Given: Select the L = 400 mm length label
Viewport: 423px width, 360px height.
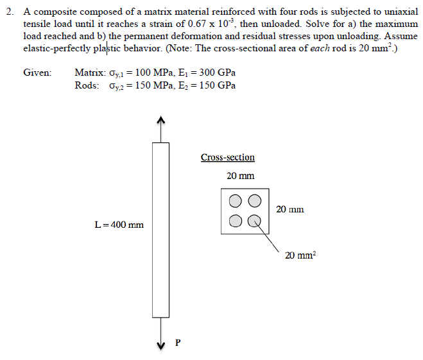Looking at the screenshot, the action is [x=119, y=225].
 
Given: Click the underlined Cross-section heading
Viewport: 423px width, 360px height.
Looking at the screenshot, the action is [x=227, y=157].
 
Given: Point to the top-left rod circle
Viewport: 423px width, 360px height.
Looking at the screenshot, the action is [x=236, y=201].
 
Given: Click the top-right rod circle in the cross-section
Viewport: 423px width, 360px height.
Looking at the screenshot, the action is [x=255, y=201].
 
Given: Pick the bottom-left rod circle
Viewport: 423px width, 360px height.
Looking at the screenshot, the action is [x=236, y=221].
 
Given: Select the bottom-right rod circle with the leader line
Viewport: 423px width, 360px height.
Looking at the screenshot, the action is [x=255, y=221].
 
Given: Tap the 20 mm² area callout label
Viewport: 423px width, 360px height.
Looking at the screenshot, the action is [x=300, y=255].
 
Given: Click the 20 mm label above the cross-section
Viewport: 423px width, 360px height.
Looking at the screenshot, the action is [x=241, y=176].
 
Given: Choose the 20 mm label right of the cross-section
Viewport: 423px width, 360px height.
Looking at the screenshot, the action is [x=289, y=209].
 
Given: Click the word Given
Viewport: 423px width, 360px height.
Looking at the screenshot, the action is [x=37, y=73].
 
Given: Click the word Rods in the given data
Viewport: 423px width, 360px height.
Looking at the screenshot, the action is [x=87, y=86].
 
